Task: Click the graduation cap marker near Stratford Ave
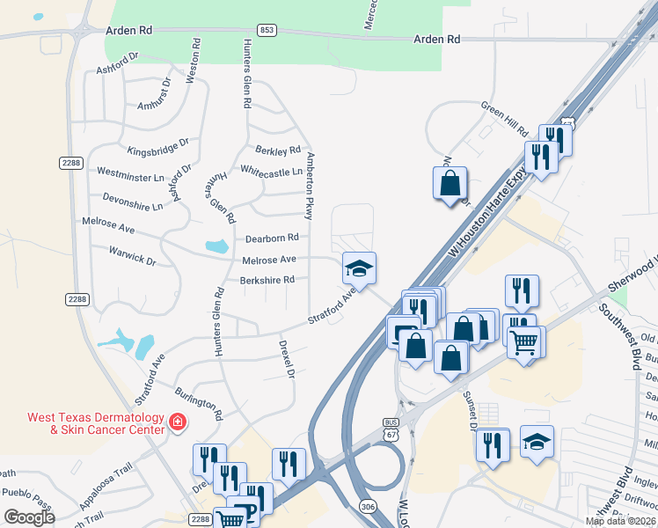click(359, 268)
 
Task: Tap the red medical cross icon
click(178, 423)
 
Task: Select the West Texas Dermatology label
click(96, 423)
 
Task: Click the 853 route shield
click(267, 30)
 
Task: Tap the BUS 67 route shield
click(391, 428)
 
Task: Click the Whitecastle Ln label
click(271, 172)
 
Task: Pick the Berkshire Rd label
click(267, 281)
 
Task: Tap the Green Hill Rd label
click(504, 118)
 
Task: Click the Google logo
click(29, 517)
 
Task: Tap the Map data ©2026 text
click(620, 521)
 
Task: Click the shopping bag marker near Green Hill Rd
click(450, 183)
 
